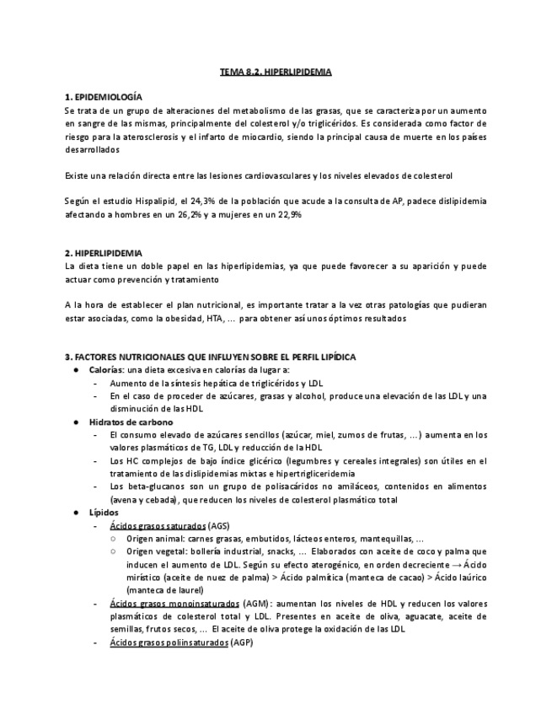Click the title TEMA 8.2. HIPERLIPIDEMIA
coord(276,73)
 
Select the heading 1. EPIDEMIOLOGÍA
coord(104,98)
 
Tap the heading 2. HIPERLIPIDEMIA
coord(104,253)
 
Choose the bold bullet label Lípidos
coord(104,512)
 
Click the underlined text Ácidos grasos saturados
coord(158,524)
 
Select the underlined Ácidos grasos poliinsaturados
coord(169,642)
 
